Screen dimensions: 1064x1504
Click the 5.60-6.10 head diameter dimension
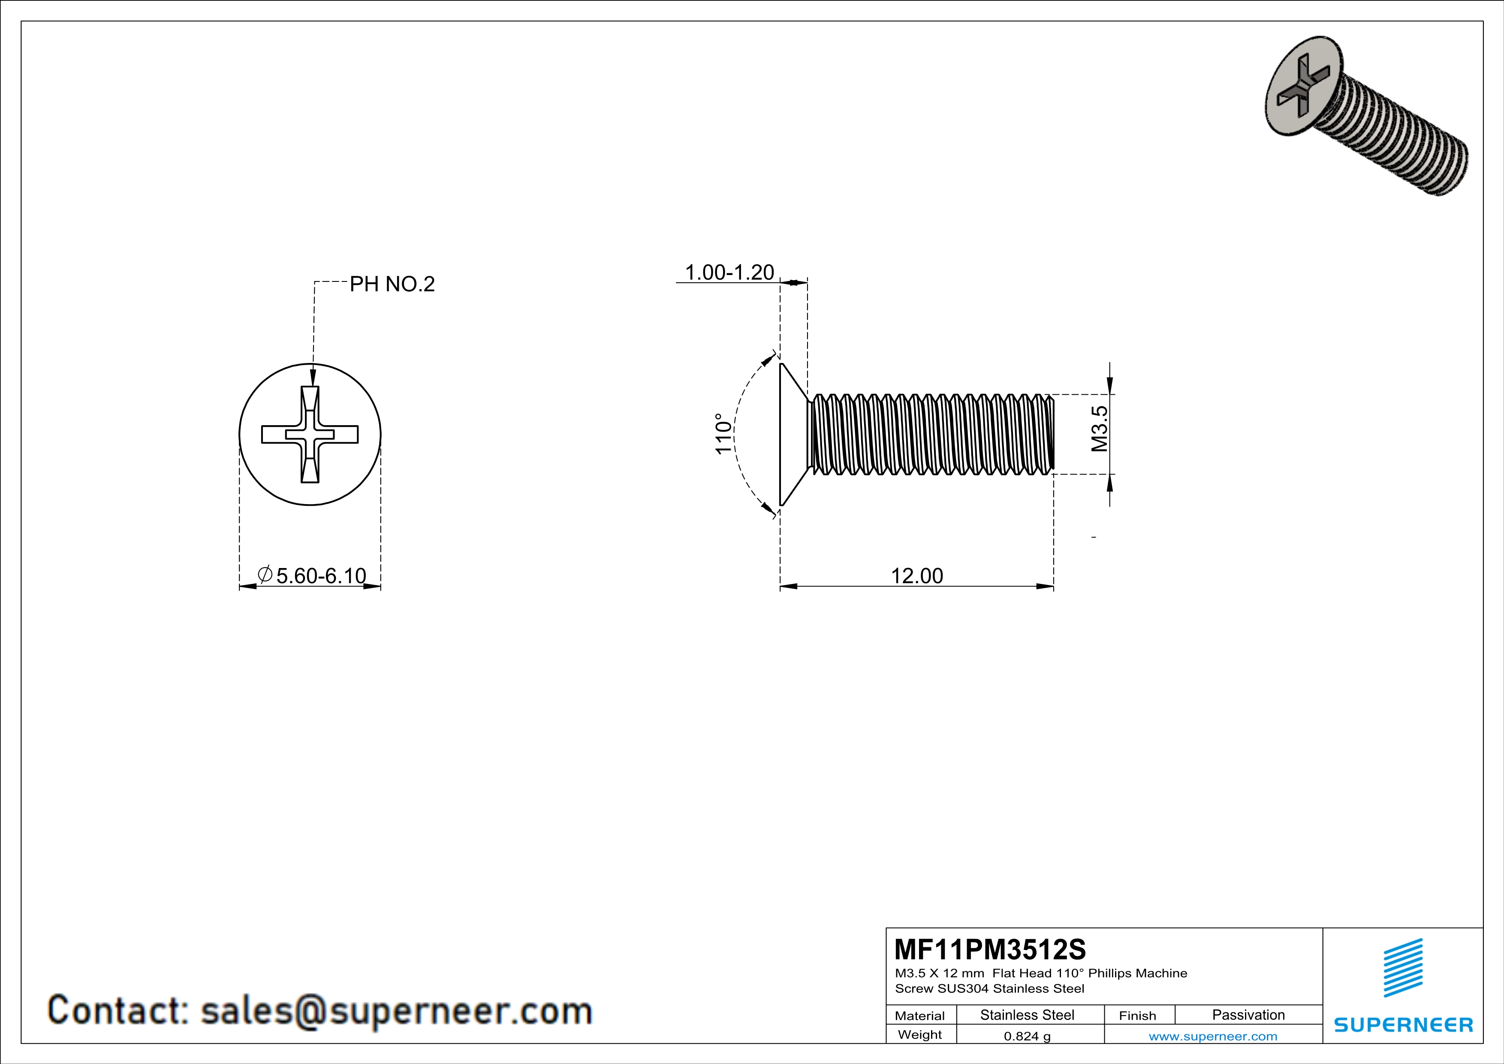(320, 576)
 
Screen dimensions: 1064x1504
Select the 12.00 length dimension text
(916, 576)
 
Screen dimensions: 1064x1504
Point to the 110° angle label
(723, 434)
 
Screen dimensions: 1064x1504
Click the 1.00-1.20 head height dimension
(729, 272)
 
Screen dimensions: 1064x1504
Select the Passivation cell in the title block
(1248, 1015)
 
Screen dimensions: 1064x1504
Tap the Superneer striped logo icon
(1402, 968)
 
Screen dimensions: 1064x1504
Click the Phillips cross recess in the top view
(310, 434)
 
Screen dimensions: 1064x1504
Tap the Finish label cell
(1137, 1016)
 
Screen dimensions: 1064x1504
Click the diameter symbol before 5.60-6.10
(265, 574)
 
